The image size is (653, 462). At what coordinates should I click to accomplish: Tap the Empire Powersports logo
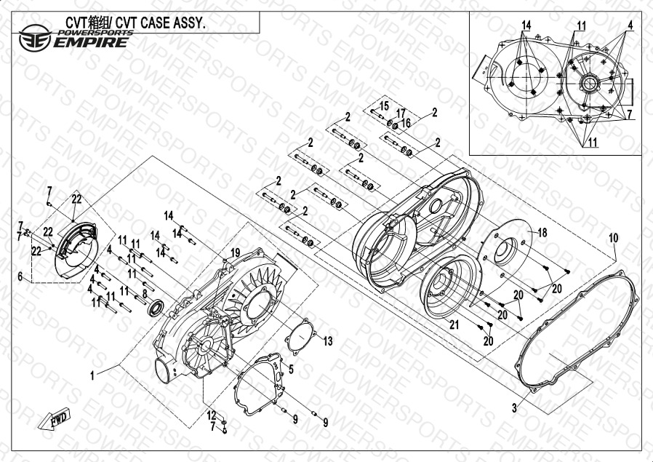pyautogui.click(x=73, y=36)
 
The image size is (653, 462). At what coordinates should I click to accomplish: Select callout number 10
pyautogui.click(x=613, y=238)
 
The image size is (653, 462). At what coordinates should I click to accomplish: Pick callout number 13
pyautogui.click(x=327, y=340)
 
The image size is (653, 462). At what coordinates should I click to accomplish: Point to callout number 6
pyautogui.click(x=20, y=276)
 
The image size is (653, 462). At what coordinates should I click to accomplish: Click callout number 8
pyautogui.click(x=145, y=293)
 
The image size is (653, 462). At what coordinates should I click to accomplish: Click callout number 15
pyautogui.click(x=385, y=107)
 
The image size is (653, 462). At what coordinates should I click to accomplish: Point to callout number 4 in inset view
pyautogui.click(x=630, y=25)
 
